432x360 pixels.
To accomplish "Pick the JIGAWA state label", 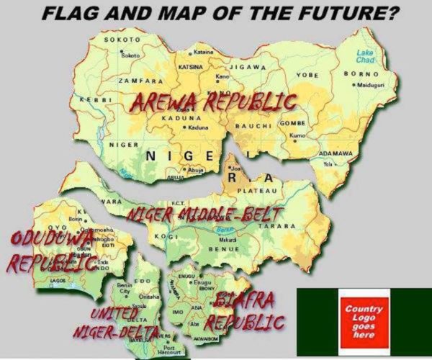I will [249, 67].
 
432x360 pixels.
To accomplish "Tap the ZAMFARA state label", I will [135, 82].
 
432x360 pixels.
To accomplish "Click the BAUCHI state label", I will [252, 127].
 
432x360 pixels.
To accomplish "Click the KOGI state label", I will [166, 236].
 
